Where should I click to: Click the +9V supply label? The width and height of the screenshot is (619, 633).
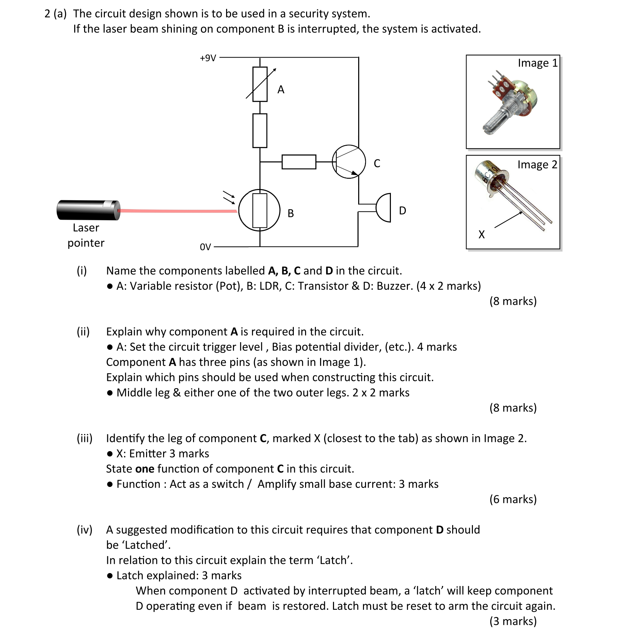pyautogui.click(x=208, y=58)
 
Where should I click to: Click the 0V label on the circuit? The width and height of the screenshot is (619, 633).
pyautogui.click(x=205, y=247)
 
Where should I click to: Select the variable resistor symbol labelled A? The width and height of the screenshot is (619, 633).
pyautogui.click(x=260, y=84)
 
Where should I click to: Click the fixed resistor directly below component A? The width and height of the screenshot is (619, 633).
pyautogui.click(x=260, y=131)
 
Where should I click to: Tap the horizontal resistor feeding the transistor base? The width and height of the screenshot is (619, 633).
pyautogui.click(x=299, y=162)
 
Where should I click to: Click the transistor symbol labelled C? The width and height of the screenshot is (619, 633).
pyautogui.click(x=349, y=162)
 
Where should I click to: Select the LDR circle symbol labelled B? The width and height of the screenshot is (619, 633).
pyautogui.click(x=259, y=210)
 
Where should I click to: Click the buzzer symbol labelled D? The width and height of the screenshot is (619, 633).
pyautogui.click(x=384, y=208)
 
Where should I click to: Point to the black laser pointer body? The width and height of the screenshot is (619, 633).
pyautogui.click(x=88, y=210)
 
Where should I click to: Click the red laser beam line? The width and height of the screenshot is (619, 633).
pyautogui.click(x=177, y=211)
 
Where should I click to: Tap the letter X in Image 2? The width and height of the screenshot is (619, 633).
pyautogui.click(x=481, y=234)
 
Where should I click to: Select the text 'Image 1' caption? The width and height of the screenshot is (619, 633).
pyautogui.click(x=538, y=63)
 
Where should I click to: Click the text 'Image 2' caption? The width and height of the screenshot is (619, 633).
pyautogui.click(x=537, y=164)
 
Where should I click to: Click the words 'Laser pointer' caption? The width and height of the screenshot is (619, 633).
pyautogui.click(x=86, y=235)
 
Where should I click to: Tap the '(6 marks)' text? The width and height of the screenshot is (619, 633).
pyautogui.click(x=513, y=499)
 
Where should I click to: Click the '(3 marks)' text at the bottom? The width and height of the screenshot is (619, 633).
pyautogui.click(x=513, y=621)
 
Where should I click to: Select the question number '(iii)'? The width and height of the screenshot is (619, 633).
pyautogui.click(x=84, y=438)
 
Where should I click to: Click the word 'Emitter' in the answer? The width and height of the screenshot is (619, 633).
pyautogui.click(x=148, y=454)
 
